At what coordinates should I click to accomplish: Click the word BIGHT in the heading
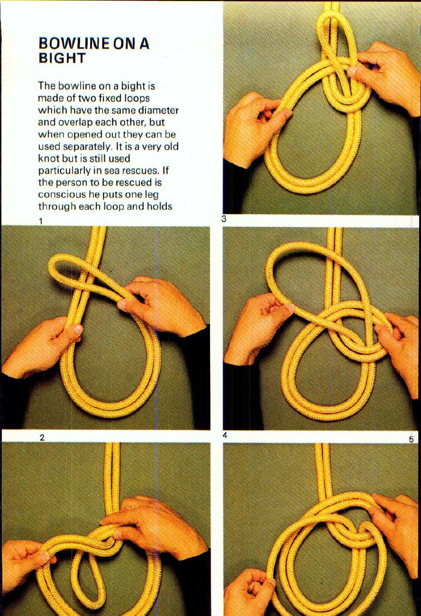coord(62,58)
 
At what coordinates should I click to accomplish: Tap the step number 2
coord(42,438)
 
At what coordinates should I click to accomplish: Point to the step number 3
coord(223,219)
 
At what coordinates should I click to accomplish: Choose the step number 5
coord(411,439)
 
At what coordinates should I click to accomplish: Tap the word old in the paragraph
coord(171,146)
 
